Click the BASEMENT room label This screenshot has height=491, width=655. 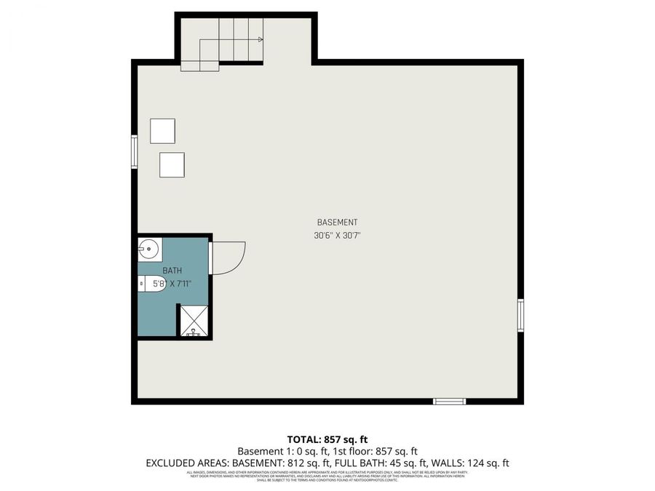coord(337,222)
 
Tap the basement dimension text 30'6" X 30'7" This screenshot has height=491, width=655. coord(337,235)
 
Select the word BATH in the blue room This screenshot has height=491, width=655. coord(172,271)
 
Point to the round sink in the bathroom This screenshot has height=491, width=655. coord(148,250)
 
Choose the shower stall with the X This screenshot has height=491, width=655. coord(194,321)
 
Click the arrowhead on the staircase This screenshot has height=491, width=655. coord(260,39)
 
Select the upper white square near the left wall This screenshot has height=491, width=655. coord(162,131)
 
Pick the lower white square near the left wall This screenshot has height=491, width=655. coord(172,164)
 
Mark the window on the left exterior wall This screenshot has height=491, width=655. coord(134,151)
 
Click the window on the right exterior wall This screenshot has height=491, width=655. coord(520,315)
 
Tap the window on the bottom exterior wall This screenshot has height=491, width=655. coord(449,401)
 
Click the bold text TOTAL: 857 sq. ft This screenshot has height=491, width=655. coord(327,439)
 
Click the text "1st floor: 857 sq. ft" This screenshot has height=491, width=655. coord(372,451)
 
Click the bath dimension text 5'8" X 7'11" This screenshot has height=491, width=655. coord(172,284)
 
